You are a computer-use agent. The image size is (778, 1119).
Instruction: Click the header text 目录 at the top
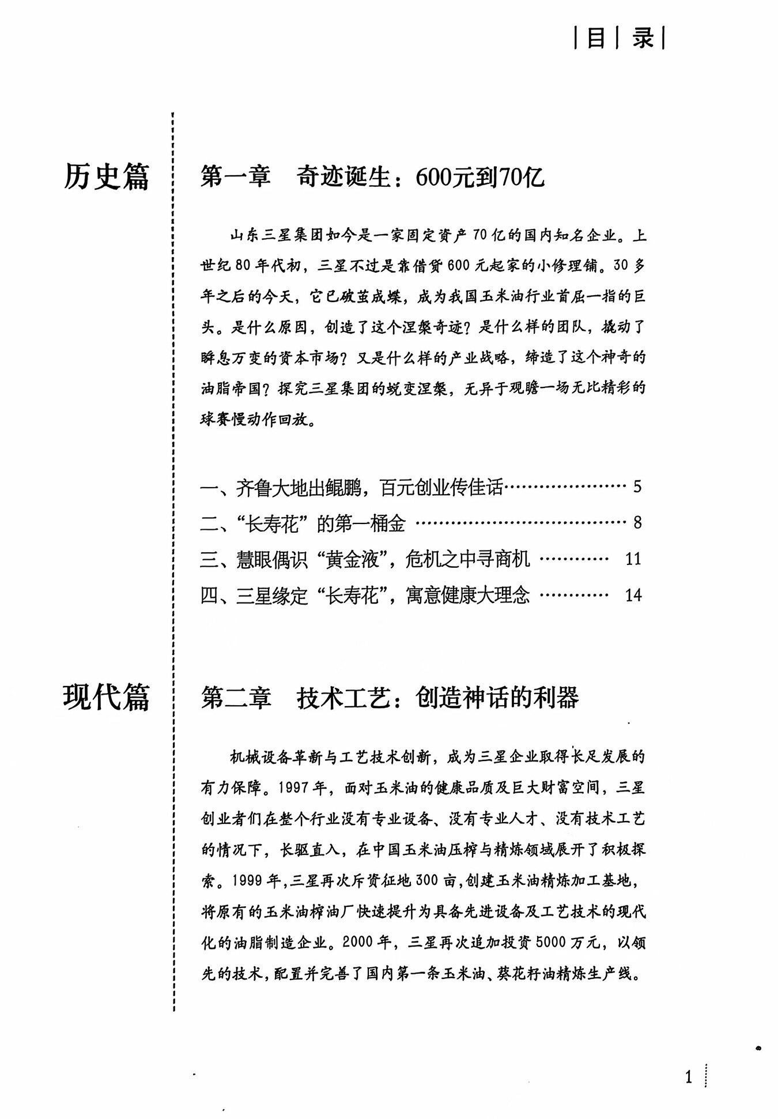[x=620, y=39]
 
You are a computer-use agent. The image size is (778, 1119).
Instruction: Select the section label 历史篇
[x=107, y=176]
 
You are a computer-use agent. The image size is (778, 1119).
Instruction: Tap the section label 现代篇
[x=107, y=698]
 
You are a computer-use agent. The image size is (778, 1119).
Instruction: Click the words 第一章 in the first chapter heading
[x=236, y=176]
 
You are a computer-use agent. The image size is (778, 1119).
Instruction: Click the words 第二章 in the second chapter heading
[x=236, y=698]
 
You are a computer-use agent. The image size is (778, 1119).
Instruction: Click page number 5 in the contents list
[x=636, y=487]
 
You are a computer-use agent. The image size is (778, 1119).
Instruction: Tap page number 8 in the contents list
[x=637, y=523]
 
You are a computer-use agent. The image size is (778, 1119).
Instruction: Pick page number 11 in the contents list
[x=633, y=559]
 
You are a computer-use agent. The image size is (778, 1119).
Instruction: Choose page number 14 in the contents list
[x=633, y=595]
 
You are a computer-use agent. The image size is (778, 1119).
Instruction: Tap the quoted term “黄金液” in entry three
[x=352, y=559]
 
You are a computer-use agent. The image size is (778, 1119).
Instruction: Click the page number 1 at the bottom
[x=689, y=1077]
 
